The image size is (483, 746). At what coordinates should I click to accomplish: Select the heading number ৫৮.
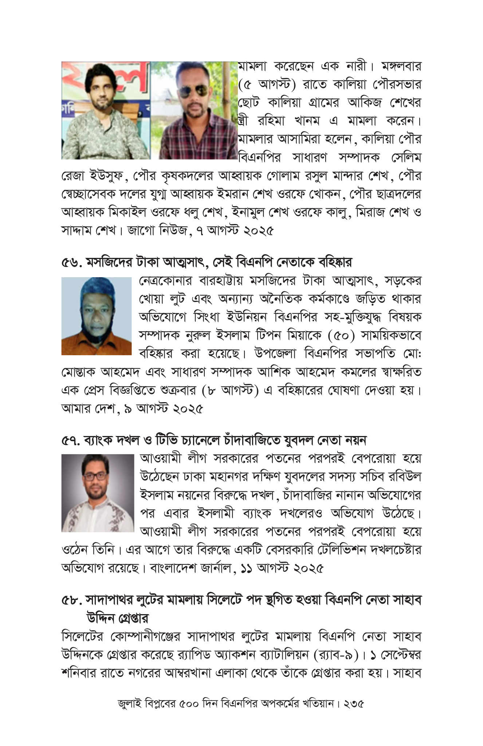coord(71,600)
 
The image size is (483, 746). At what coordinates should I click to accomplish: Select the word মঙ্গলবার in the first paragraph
coord(401,67)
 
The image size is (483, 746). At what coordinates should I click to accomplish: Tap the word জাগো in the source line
coord(141,231)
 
